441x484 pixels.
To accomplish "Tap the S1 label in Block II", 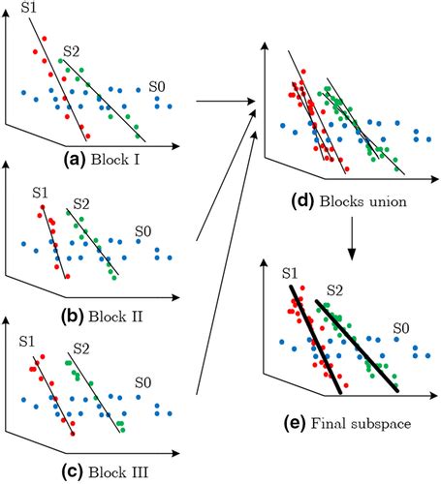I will [40, 195].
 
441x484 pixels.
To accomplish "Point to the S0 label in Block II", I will [143, 231].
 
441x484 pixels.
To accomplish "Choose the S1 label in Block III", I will [30, 342].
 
